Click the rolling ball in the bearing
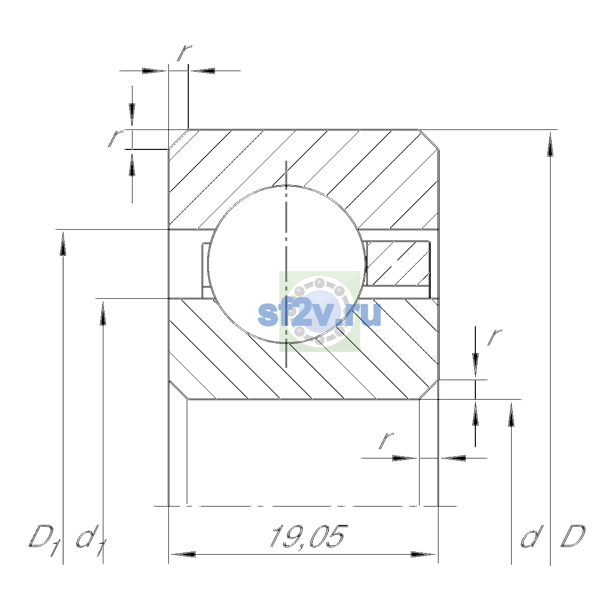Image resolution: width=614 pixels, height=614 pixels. [286, 264]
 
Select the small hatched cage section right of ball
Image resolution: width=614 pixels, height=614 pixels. [398, 263]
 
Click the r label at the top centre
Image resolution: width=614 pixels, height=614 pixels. [185, 53]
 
